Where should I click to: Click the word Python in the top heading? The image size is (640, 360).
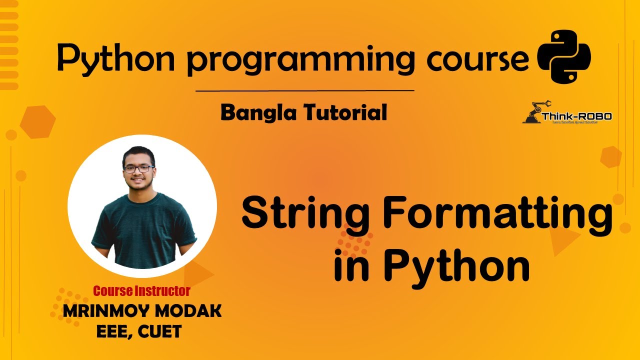118,58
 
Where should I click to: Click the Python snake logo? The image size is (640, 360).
563,56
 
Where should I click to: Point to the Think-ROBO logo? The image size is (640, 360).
567,114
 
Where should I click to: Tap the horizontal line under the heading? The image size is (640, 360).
304,91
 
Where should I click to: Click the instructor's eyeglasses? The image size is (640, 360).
138,169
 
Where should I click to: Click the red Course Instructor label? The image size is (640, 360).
141,290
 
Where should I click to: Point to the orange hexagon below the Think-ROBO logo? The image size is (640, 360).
610,157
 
